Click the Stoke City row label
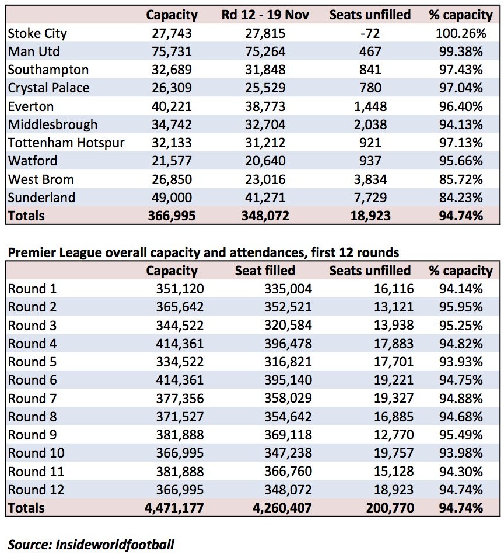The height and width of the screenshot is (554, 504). (x=37, y=33)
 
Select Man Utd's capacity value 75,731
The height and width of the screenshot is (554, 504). (x=171, y=51)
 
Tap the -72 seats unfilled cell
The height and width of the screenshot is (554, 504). (x=370, y=33)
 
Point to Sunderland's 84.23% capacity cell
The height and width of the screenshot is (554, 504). (x=461, y=198)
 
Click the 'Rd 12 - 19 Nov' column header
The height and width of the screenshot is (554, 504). (x=265, y=15)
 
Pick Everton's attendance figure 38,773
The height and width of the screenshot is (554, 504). (x=265, y=106)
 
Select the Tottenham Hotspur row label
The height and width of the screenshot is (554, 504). (x=66, y=143)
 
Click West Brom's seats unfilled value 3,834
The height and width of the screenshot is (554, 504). (x=370, y=179)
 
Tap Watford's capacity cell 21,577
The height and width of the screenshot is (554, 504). (x=171, y=161)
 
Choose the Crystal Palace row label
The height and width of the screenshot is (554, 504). (x=48, y=88)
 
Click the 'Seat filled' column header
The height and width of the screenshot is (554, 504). (x=265, y=271)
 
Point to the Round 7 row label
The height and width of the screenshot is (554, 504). (x=33, y=399)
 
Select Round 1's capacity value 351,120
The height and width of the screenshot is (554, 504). (x=180, y=289)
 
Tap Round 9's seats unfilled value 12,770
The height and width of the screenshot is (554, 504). (x=394, y=435)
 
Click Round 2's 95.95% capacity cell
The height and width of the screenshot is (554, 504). (x=461, y=307)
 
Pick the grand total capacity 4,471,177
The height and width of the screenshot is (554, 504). (x=174, y=508)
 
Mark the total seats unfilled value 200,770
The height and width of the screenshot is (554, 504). (x=390, y=508)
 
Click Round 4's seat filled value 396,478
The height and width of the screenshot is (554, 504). (x=288, y=344)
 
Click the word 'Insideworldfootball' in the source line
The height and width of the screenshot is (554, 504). (x=115, y=545)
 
